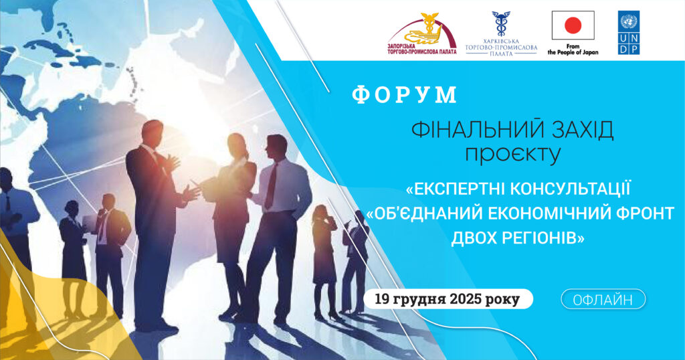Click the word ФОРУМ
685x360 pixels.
[405, 95]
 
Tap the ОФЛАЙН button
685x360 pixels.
[603, 299]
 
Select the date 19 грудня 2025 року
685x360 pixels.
[448, 299]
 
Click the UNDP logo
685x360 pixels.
[629, 33]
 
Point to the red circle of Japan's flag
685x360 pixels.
[573, 26]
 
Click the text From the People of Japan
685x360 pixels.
[573, 49]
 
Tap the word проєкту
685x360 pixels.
[513, 155]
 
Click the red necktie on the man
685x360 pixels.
[270, 187]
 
